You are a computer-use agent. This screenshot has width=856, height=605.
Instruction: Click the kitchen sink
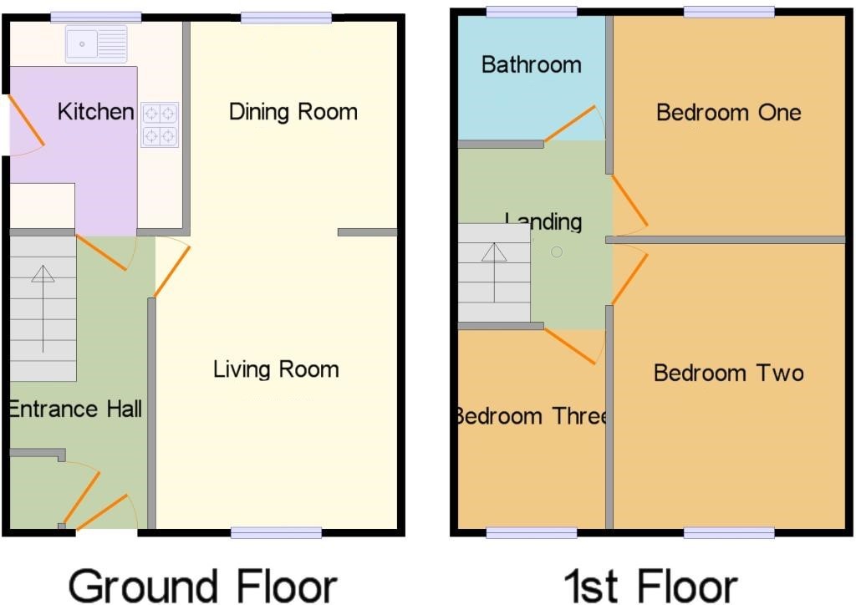click(96, 43)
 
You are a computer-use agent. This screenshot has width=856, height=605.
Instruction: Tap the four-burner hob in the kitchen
click(160, 125)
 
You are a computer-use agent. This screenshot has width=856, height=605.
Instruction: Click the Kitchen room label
click(96, 112)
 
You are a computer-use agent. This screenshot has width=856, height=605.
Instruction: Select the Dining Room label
click(293, 112)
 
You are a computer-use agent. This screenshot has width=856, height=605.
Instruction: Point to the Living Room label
click(276, 369)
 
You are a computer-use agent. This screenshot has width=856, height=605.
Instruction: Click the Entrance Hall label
click(75, 409)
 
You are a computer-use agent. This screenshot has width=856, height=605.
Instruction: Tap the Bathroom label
click(531, 65)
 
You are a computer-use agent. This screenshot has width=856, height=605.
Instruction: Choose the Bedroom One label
click(729, 112)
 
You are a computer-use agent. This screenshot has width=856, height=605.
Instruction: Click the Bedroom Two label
click(729, 374)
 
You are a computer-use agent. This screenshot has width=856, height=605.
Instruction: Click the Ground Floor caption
click(202, 587)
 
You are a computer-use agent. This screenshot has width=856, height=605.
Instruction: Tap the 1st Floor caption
click(650, 587)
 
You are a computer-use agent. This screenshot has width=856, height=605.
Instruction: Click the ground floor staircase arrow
click(43, 309)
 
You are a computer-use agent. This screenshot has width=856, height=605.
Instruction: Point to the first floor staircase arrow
click(494, 272)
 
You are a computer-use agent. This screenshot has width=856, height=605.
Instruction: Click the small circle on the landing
click(557, 252)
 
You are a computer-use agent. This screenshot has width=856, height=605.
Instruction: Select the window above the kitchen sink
click(96, 18)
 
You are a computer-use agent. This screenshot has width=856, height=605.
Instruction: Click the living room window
click(276, 532)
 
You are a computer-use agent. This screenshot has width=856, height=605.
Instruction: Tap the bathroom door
click(570, 124)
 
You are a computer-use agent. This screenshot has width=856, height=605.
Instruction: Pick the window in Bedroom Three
click(531, 532)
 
